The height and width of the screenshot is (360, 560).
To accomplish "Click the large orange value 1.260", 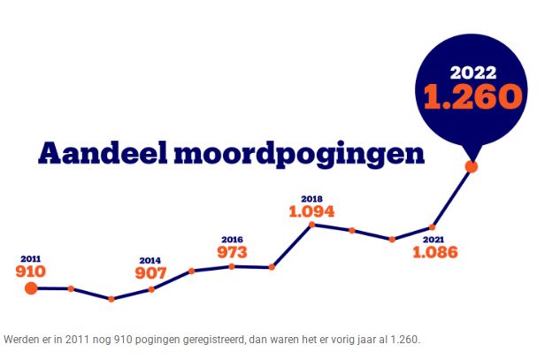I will click(471, 96).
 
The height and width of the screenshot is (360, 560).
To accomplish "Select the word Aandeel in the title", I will click(100, 152).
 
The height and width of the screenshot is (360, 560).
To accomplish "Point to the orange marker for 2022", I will click(472, 165).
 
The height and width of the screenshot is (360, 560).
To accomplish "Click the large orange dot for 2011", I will click(31, 287).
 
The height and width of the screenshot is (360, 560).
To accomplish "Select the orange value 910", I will click(31, 271).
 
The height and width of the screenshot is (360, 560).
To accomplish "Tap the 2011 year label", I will click(30, 258).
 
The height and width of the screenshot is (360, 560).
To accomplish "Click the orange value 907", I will click(151, 273).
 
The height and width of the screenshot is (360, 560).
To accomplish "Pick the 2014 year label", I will click(150, 261).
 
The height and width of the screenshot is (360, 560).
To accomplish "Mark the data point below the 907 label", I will click(151, 289).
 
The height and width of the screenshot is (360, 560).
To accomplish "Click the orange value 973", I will click(232, 252).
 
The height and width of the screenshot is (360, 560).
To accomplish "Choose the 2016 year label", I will click(232, 239).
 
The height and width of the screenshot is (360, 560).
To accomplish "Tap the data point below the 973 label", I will click(232, 266).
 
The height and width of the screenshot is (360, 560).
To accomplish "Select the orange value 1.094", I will click(311, 211).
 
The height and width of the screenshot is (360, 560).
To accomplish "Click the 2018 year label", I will click(311, 199).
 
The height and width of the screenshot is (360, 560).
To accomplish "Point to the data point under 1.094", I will click(311, 225).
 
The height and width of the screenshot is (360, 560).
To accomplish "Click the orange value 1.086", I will click(434, 252).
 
